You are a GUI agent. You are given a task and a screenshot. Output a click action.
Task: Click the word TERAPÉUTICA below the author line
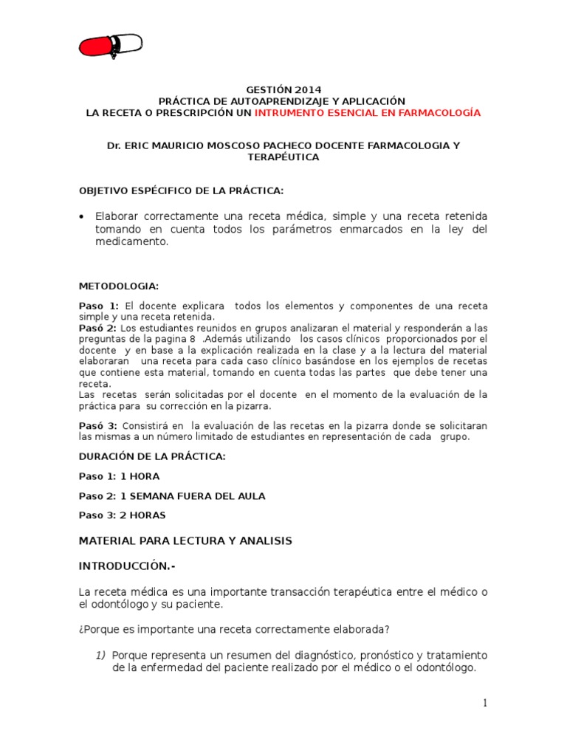click(283, 158)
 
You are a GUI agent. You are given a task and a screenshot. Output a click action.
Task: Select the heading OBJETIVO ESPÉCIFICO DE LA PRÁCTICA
click(181, 191)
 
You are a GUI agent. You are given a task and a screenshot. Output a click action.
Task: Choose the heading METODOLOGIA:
click(118, 286)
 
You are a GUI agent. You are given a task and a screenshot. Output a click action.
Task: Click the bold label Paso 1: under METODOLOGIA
click(98, 306)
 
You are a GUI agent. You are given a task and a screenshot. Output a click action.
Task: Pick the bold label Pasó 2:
click(98, 328)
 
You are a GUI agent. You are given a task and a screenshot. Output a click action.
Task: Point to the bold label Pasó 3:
click(98, 426)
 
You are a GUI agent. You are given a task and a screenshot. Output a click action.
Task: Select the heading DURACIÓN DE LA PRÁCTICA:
click(152, 457)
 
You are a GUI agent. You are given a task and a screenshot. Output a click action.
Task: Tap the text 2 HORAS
click(143, 515)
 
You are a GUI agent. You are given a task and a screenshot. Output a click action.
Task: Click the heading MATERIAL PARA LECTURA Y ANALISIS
click(185, 541)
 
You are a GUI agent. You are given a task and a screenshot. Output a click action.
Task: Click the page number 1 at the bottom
click(484, 704)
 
